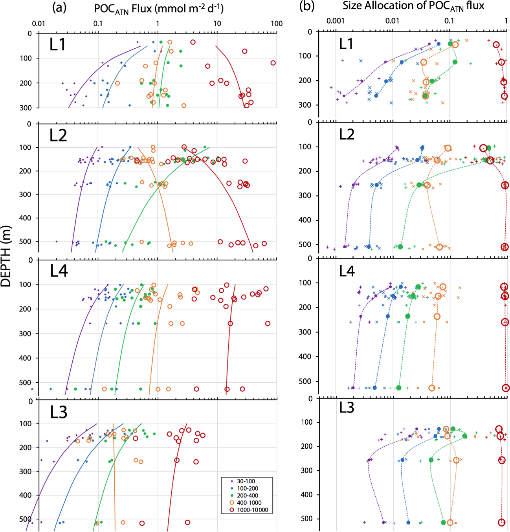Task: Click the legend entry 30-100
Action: coord(246,481)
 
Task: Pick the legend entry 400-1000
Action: coord(249,503)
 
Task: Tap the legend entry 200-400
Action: coord(247,495)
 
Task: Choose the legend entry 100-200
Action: coord(247,488)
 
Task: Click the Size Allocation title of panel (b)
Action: coord(413,6)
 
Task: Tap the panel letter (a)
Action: coord(59,7)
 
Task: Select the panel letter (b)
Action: coord(307,6)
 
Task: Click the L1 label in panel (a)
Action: coord(57,45)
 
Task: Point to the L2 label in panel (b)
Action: coord(347,134)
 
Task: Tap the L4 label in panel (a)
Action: coord(59,271)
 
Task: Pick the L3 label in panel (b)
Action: coord(347,408)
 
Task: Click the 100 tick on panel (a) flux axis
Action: coord(277,24)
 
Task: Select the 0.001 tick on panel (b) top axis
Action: coord(336,21)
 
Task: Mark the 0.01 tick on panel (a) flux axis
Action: coord(39,24)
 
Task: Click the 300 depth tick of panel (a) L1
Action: coord(26,108)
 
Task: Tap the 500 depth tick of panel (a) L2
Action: coord(25,241)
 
